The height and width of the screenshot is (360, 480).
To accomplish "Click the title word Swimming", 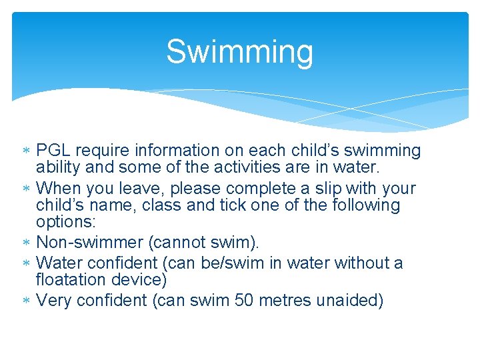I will pos(239,52).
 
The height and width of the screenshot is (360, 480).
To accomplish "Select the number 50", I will pos(245,301).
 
